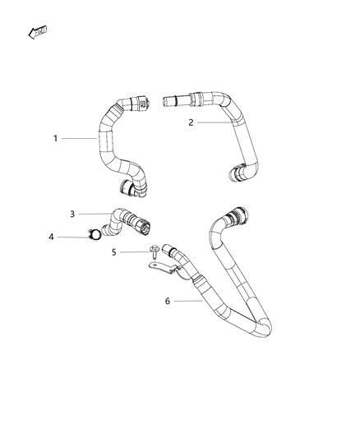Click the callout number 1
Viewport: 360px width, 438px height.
click(56, 138)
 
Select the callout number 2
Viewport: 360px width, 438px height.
click(191, 122)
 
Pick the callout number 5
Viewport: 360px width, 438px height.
click(113, 252)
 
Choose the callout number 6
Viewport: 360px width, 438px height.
click(168, 302)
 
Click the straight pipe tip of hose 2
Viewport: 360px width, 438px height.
click(170, 101)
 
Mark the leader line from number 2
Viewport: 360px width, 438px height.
click(215, 122)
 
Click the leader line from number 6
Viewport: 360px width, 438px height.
click(190, 302)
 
